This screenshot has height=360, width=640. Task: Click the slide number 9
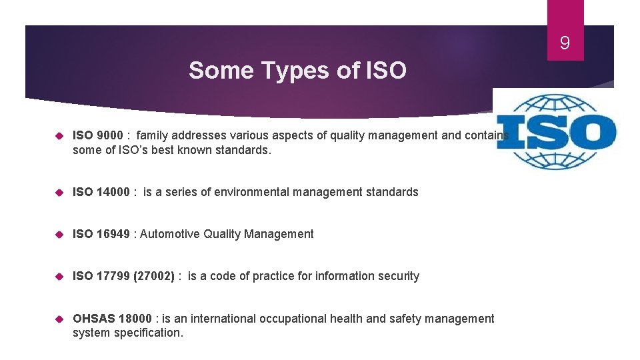[565, 44]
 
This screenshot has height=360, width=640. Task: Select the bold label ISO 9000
[97, 136]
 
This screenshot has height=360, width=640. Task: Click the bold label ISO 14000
[101, 192]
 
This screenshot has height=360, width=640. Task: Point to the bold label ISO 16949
[101, 234]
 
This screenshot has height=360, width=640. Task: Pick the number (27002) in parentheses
[154, 276]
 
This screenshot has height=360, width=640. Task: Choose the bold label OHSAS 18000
[112, 319]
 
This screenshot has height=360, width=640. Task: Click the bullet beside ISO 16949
[59, 234]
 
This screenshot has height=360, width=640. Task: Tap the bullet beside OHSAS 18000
[59, 319]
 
